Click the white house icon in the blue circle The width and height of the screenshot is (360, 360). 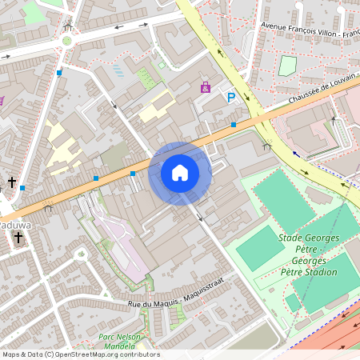click(180, 172)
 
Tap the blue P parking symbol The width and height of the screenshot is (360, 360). click(231, 98)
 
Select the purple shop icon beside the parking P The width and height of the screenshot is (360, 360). click(206, 86)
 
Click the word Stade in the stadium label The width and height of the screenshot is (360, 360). click(292, 238)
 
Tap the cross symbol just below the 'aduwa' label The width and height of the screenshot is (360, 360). click(18, 238)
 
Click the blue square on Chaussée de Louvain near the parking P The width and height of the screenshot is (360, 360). click(233, 125)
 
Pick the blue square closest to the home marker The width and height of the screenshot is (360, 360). click(133, 173)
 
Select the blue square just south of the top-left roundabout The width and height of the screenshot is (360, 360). click(59, 73)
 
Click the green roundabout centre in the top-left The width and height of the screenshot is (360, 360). click(67, 40)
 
